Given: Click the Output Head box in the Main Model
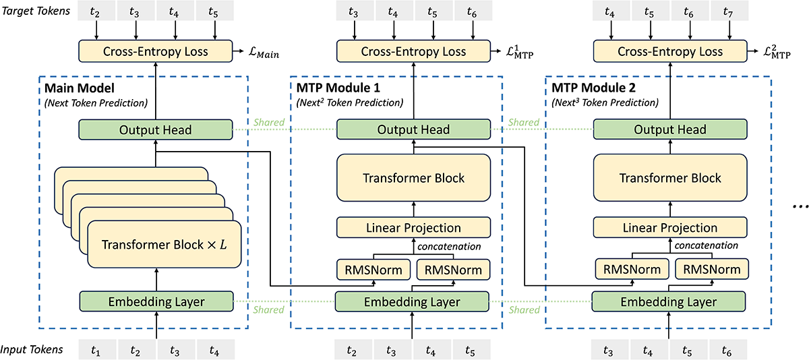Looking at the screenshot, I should point(156,129).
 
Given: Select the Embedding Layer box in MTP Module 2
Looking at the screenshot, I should point(669,301).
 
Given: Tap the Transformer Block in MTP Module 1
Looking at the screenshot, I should point(413,178).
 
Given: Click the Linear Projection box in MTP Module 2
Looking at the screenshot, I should point(669,227).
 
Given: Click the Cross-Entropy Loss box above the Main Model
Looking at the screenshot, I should point(156,51).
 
